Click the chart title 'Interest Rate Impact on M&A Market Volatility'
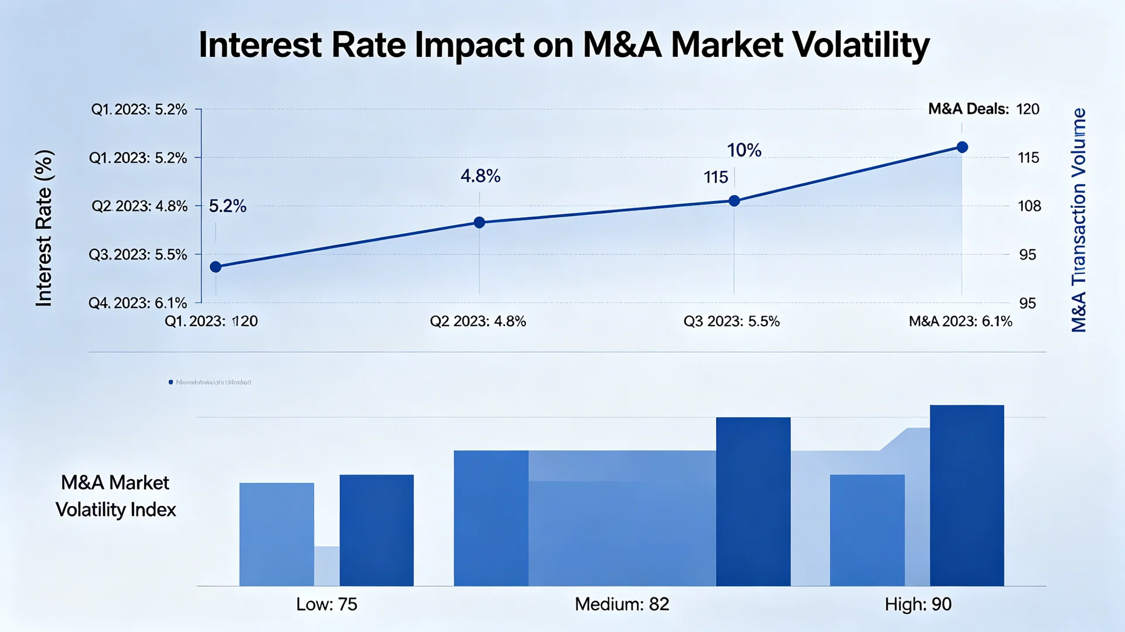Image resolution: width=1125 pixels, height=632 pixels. coord(564,45)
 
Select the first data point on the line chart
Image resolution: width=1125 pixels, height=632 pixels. coord(216,267)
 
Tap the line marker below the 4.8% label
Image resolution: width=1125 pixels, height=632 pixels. coord(479,223)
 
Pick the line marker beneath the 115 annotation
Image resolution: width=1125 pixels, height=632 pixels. coord(734,201)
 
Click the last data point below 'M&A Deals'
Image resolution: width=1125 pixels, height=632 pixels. coord(962,147)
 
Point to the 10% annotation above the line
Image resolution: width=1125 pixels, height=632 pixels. coord(744,151)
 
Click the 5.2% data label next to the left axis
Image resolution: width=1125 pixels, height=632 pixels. coord(227,206)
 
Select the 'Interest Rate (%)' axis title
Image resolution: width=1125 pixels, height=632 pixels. coord(44,228)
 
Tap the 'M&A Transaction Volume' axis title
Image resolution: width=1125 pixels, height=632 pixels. coord(1079,220)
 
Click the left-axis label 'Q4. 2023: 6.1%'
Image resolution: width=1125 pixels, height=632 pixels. coord(138,303)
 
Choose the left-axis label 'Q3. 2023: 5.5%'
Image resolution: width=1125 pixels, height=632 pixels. coord(138,255)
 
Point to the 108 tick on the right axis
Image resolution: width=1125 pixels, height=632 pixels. coord(1029,206)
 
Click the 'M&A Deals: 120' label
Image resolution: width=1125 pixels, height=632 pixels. coord(983,110)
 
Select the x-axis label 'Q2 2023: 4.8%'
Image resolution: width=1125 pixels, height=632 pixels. coord(478,322)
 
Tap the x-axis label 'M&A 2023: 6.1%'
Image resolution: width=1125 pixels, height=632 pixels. coord(960,322)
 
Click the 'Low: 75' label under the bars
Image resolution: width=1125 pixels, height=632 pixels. coord(326,604)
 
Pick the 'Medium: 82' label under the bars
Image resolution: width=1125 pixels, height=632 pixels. coord(622,604)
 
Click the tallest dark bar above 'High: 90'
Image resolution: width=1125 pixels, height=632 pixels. coord(967,495)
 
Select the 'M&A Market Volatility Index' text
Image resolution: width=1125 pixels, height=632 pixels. coord(115,496)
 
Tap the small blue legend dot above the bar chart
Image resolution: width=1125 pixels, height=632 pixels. coord(171,382)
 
